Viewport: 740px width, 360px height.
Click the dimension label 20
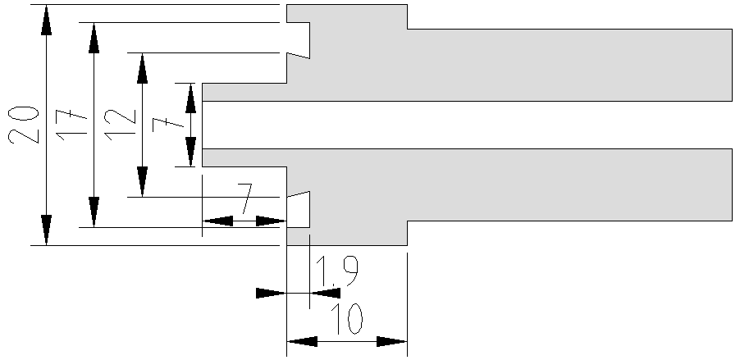[23, 125]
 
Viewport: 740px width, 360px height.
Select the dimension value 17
[71, 125]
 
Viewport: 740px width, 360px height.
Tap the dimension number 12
[120, 125]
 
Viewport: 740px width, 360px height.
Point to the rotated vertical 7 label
[168, 125]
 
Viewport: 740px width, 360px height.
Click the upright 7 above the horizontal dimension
[245, 198]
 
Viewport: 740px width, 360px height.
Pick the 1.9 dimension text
[337, 271]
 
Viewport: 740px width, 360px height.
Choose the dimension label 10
[346, 319]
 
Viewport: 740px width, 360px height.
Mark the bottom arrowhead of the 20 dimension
[46, 230]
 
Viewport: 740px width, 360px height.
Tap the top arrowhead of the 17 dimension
[94, 38]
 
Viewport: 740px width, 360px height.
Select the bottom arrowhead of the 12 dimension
[142, 182]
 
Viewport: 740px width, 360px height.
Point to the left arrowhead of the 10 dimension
[302, 342]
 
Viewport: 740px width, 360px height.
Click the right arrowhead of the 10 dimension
[391, 342]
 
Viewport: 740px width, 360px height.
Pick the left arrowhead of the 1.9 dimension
[271, 293]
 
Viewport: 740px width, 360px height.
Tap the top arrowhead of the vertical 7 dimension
[190, 98]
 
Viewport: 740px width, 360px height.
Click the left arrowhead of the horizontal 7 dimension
[217, 221]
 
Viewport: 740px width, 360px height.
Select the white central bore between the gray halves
[468, 125]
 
